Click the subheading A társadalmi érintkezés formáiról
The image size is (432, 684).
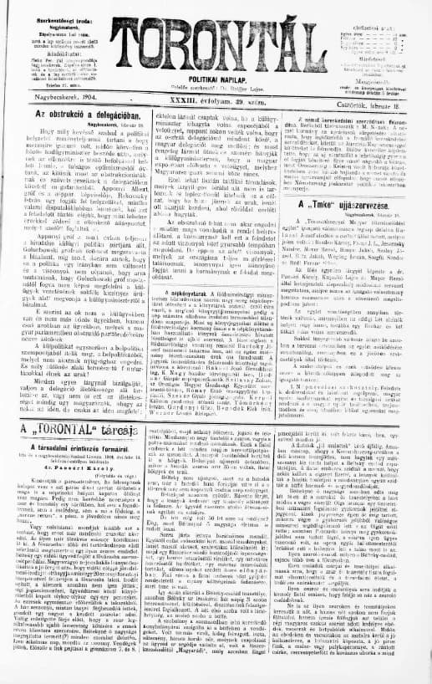pos(74,447)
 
